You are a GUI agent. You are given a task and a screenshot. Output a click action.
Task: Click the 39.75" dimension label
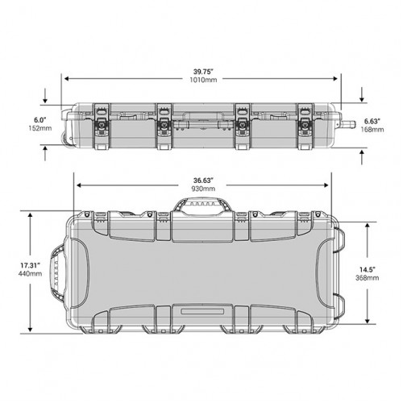point(203,72)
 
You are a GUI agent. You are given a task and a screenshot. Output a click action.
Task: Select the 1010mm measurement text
point(203,80)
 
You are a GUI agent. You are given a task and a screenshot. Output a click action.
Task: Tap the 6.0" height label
point(40,120)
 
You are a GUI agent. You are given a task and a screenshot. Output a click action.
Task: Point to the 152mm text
point(40,128)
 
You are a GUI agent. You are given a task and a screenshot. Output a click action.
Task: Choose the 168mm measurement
point(372,130)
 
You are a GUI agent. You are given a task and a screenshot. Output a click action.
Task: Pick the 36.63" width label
point(203,181)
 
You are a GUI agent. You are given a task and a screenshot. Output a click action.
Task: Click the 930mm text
point(203,189)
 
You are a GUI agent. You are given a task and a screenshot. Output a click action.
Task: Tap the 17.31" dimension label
point(31,265)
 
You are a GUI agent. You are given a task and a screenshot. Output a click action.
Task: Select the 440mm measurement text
point(30,274)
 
